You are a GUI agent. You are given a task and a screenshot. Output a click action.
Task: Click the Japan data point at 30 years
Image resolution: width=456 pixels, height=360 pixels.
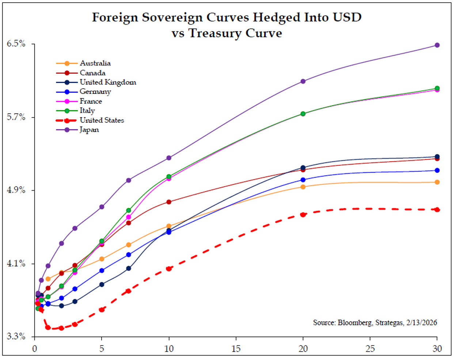(437, 45)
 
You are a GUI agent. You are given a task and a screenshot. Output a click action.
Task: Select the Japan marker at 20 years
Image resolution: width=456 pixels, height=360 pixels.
(303, 81)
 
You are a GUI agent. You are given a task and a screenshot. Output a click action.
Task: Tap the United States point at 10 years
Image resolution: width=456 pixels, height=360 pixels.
(169, 269)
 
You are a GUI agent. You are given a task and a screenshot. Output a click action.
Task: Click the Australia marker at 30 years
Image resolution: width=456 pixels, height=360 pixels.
(437, 182)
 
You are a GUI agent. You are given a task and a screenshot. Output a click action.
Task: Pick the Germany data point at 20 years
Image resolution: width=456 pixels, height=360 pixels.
(303, 180)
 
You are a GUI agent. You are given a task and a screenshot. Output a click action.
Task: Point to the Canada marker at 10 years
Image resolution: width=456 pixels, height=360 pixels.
(169, 202)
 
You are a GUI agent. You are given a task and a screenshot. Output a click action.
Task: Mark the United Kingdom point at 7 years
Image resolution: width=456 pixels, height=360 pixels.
(129, 268)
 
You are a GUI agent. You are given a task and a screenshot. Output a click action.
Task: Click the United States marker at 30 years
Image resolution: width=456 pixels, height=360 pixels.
(437, 210)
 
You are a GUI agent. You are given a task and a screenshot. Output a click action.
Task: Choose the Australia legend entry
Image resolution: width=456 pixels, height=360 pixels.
(95, 63)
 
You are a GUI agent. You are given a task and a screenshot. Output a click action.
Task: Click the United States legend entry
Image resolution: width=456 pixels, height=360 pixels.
(102, 120)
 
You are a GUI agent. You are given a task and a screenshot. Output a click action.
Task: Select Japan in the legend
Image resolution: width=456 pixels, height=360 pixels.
(89, 130)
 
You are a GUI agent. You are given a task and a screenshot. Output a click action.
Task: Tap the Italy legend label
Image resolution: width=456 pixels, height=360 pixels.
(87, 110)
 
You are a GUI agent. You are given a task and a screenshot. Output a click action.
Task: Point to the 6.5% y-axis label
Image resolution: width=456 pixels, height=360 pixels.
(16, 44)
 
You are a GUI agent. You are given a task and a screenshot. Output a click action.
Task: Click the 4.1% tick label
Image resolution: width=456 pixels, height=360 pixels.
(16, 263)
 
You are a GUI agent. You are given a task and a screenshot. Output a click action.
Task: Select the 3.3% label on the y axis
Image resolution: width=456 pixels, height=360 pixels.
(16, 336)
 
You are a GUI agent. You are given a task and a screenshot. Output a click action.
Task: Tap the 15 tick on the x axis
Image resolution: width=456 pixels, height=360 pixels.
(236, 349)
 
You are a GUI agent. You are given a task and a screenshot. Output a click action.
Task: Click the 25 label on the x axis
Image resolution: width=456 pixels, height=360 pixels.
(370, 349)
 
